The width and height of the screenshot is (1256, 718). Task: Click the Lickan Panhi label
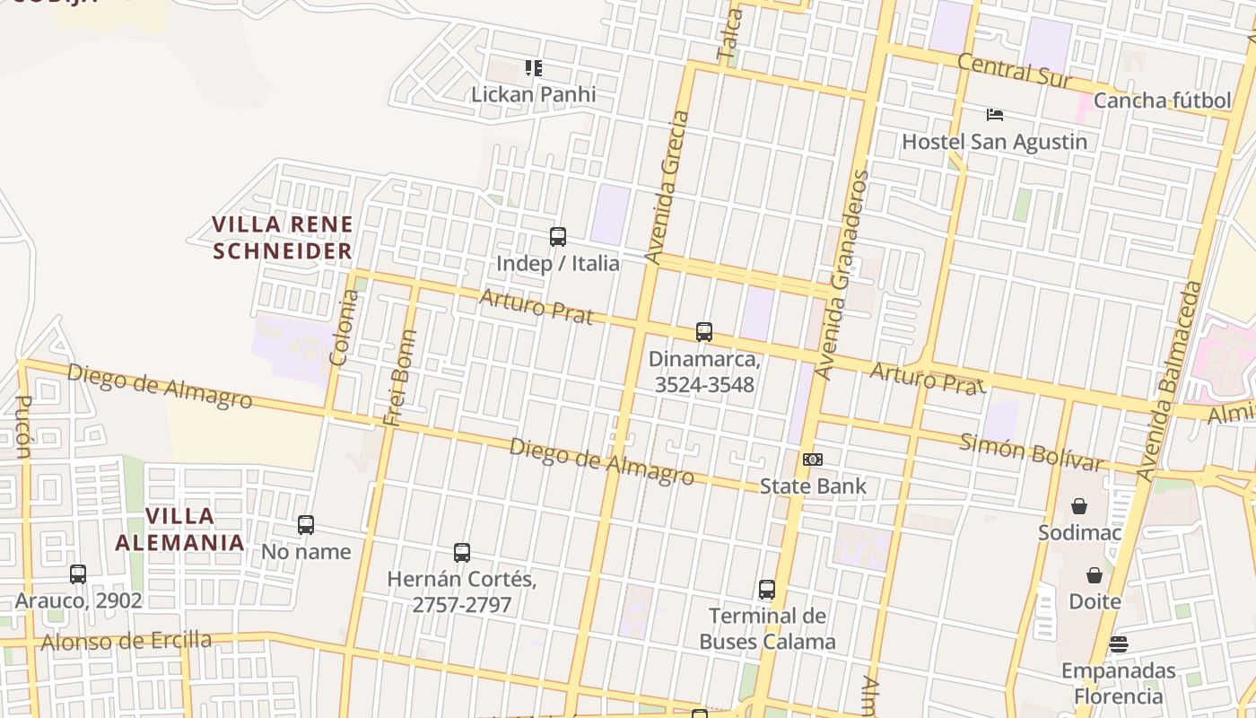533,94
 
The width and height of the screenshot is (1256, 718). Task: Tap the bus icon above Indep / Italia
558,237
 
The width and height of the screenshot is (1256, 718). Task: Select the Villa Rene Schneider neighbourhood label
282,237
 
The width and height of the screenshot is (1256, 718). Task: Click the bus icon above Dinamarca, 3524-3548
704,332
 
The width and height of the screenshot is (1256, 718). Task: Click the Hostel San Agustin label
994,142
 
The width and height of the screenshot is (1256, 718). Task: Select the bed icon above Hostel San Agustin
994,115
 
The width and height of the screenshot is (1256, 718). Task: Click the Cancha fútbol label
1162,101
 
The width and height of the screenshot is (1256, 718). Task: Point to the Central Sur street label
1014,70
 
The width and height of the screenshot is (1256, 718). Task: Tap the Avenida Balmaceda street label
1168,381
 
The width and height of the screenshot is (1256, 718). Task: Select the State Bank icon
813,460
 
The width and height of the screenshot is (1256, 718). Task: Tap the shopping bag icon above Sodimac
1079,506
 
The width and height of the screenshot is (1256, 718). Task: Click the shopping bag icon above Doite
1095,575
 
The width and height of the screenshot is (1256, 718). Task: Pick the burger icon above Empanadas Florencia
1118,644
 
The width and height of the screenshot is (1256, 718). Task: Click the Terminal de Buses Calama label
767,628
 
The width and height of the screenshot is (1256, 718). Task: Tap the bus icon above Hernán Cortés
462,553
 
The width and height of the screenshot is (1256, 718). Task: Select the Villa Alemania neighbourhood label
180,529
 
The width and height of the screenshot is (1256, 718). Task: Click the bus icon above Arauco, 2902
78,574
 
